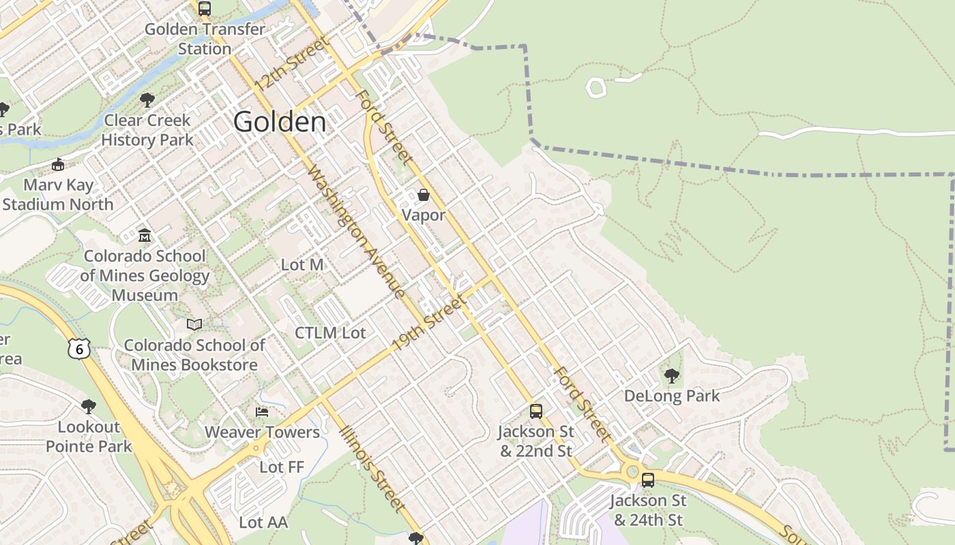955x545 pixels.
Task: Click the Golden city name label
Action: (280, 122)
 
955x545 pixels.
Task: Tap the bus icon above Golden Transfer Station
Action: (204, 9)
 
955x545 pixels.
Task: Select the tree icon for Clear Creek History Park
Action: (147, 101)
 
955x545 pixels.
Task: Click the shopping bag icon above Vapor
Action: (423, 196)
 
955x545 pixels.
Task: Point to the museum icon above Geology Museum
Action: (144, 236)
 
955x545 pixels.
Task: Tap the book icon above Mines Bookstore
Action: (194, 324)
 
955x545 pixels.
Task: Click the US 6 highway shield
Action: (79, 349)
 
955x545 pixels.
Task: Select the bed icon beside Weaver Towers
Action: (261, 411)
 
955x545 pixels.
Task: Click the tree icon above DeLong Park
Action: (671, 375)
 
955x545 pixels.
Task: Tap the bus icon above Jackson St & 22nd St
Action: (535, 411)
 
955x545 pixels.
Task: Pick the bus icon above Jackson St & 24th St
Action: (647, 480)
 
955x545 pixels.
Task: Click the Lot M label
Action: (302, 264)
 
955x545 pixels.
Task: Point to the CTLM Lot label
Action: (330, 333)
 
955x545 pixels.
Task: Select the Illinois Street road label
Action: (374, 469)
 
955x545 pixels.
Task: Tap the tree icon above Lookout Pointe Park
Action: (88, 407)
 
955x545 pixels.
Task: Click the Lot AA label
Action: (263, 523)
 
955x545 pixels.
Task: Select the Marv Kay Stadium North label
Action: (58, 194)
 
